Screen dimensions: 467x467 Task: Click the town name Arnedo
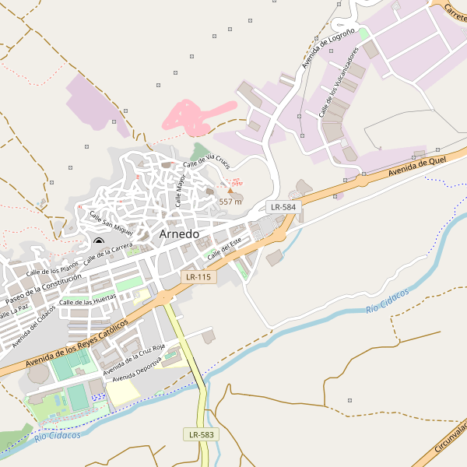click(179, 233)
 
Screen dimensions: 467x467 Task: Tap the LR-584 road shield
click(283, 207)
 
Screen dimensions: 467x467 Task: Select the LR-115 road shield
click(198, 277)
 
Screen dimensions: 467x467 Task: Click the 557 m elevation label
click(230, 202)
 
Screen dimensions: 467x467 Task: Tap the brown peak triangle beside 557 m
click(230, 190)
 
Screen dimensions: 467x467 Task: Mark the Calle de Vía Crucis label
click(207, 163)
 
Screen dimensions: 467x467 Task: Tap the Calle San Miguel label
click(111, 223)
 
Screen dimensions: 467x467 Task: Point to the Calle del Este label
click(223, 250)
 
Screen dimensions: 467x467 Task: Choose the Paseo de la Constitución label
click(44, 290)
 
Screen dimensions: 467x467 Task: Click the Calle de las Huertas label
click(88, 300)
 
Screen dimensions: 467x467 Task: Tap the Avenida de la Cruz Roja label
click(135, 357)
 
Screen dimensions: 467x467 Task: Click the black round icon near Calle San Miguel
click(98, 241)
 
